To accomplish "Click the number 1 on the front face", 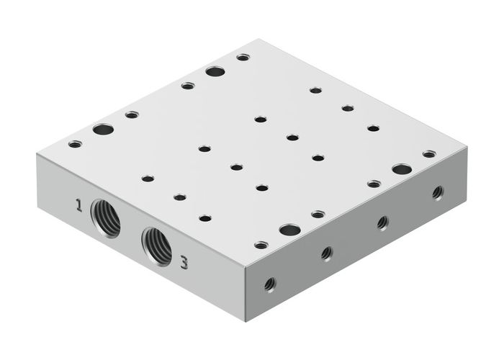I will (x=78, y=207).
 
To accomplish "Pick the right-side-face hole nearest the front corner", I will (x=269, y=284).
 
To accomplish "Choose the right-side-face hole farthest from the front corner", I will (x=437, y=192).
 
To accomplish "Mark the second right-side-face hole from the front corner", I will (x=326, y=253).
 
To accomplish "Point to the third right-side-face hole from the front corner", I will (x=382, y=222).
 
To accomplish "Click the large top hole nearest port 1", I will (x=103, y=130).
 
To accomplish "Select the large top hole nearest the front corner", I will (x=289, y=230).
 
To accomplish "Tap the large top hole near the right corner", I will (x=402, y=169).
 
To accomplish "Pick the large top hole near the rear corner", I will (x=215, y=71).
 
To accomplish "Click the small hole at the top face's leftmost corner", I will (x=75, y=144).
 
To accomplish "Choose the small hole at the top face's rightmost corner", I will (x=429, y=154).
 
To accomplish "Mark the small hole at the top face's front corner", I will (x=261, y=245).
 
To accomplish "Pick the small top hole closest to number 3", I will (x=205, y=217).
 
